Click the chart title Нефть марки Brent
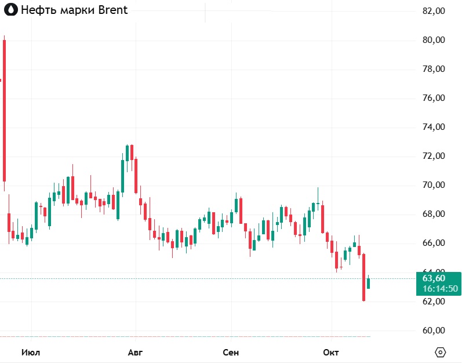pos(74,10)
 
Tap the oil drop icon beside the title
pos(10,10)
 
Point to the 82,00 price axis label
pos(434,11)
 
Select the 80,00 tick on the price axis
pos(434,40)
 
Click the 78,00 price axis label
pos(434,69)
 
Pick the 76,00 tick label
pos(434,98)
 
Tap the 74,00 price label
pos(434,127)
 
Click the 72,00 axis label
pos(434,156)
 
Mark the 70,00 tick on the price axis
pos(434,185)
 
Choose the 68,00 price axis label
pos(434,214)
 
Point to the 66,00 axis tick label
pos(434,243)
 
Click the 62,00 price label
pos(434,302)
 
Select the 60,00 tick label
pos(434,331)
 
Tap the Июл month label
pos(31,353)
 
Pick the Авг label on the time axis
pos(134,353)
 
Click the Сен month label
pos(231,353)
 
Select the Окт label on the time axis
pos(331,353)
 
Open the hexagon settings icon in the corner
pos(441,353)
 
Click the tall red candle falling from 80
pos(4,110)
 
